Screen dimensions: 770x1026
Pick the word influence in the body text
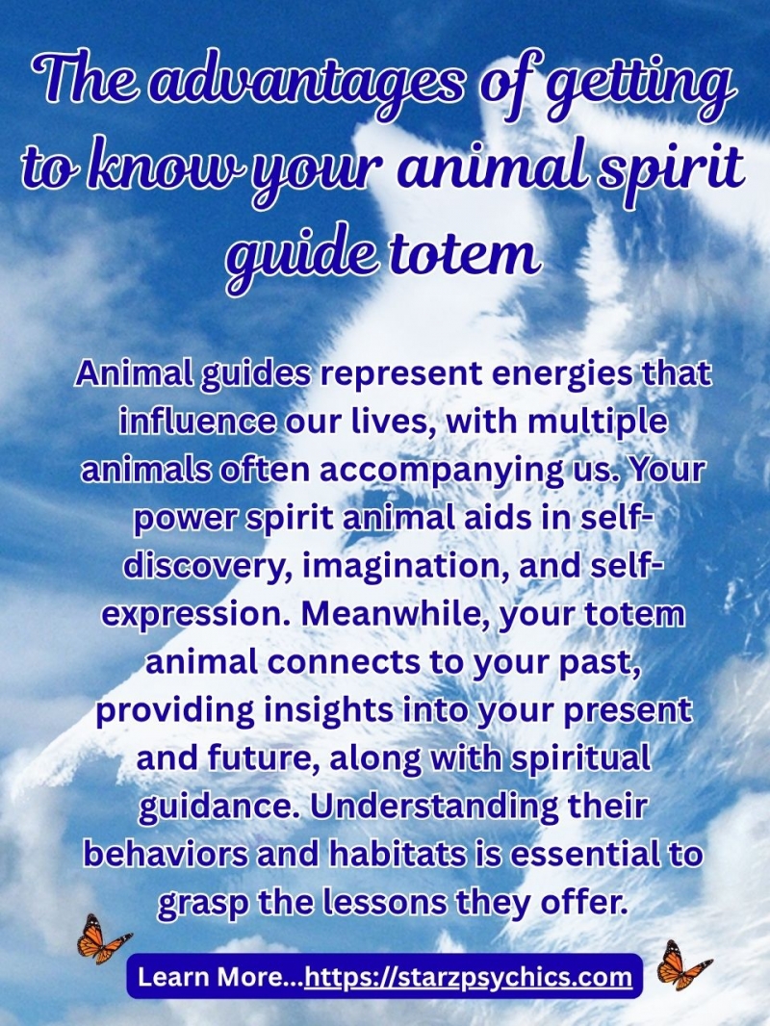pyautogui.click(x=197, y=423)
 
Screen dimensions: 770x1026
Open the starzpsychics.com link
pyautogui.click(x=469, y=978)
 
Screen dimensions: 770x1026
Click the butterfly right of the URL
pyautogui.click(x=682, y=965)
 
